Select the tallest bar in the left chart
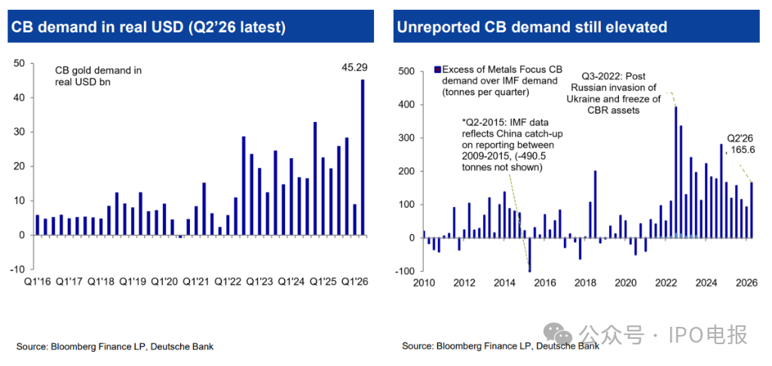(363, 157)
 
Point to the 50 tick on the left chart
(20, 63)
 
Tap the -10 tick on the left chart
(17, 269)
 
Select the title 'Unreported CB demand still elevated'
(532, 28)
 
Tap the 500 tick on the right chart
(409, 72)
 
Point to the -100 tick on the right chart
(408, 271)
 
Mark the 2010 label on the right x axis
(424, 283)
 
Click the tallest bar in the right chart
(676, 172)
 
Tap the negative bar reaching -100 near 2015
(529, 255)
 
